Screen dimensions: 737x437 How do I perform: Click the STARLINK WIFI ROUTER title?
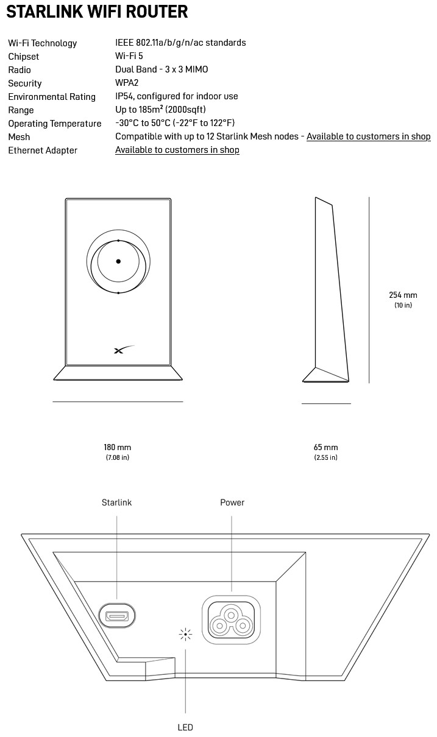(x=97, y=12)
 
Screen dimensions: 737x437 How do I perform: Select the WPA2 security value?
(x=127, y=83)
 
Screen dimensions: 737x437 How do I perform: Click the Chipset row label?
(x=23, y=57)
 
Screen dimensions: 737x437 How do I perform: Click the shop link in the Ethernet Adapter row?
(x=177, y=150)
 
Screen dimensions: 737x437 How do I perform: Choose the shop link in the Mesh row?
(x=368, y=136)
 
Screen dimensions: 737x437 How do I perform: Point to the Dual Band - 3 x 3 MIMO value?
(x=162, y=69)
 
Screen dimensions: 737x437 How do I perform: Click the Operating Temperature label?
(x=54, y=124)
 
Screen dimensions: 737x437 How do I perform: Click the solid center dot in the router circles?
(x=118, y=261)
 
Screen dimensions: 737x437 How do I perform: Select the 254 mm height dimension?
(x=403, y=295)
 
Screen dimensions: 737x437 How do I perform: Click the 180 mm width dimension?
(x=117, y=448)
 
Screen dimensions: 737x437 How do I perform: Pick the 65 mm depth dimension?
(x=325, y=448)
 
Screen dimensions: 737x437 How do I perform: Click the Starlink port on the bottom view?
(x=117, y=616)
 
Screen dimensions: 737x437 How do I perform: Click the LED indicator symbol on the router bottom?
(x=185, y=635)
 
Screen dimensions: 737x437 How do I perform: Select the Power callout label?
(x=232, y=503)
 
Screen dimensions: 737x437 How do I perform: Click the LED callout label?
(x=185, y=727)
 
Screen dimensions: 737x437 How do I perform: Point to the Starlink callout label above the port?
(x=116, y=503)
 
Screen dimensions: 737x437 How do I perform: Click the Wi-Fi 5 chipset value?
(x=129, y=56)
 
